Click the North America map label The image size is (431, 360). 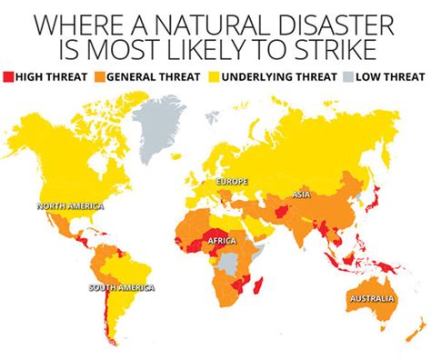(70, 206)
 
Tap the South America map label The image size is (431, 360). (121, 288)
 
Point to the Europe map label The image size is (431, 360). (232, 183)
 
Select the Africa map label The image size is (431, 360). (223, 241)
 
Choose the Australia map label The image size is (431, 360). (370, 299)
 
